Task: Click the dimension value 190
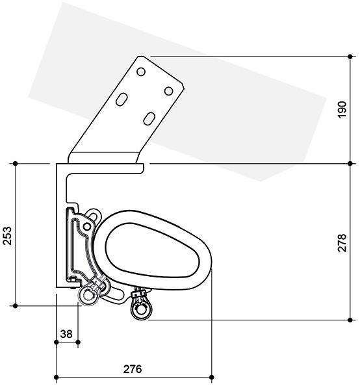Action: click(342, 110)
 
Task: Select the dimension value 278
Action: click(342, 243)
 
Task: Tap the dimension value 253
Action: click(7, 236)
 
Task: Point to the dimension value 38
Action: click(66, 334)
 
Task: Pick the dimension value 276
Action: click(133, 369)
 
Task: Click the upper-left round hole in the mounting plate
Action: click(141, 72)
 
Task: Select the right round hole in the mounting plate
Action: click(168, 91)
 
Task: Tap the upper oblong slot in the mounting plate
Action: click(122, 99)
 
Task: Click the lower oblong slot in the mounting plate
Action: click(149, 119)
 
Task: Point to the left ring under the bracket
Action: click(88, 296)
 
